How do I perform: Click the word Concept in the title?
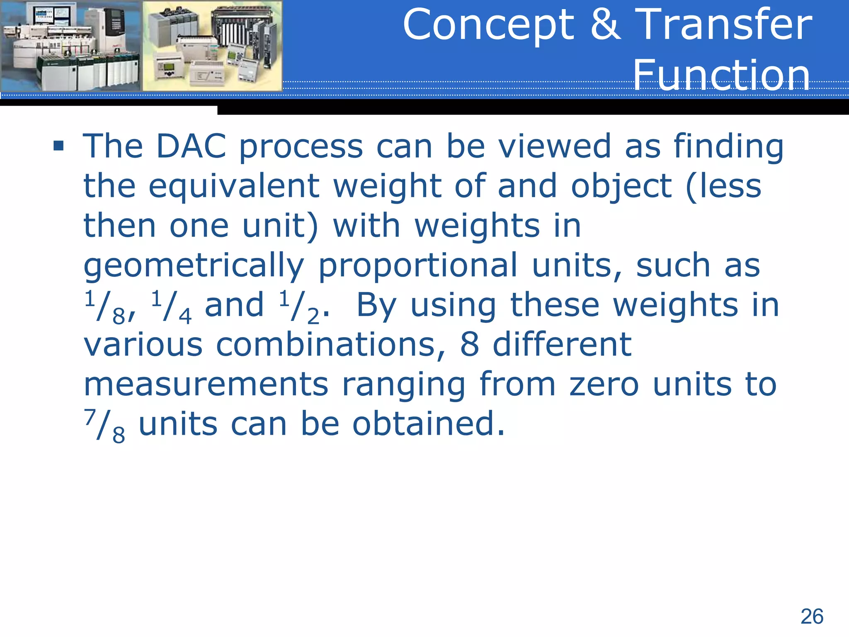pos(488,26)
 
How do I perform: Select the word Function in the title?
pos(721,75)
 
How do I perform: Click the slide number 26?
pos(812,616)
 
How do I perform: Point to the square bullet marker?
pos(58,146)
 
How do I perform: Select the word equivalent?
pos(234,186)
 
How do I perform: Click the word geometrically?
pos(194,265)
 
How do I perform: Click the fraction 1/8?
pos(105,307)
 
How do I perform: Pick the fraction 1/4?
pos(171,307)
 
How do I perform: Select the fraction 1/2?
pos(299,307)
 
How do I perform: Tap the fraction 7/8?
pos(105,425)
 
